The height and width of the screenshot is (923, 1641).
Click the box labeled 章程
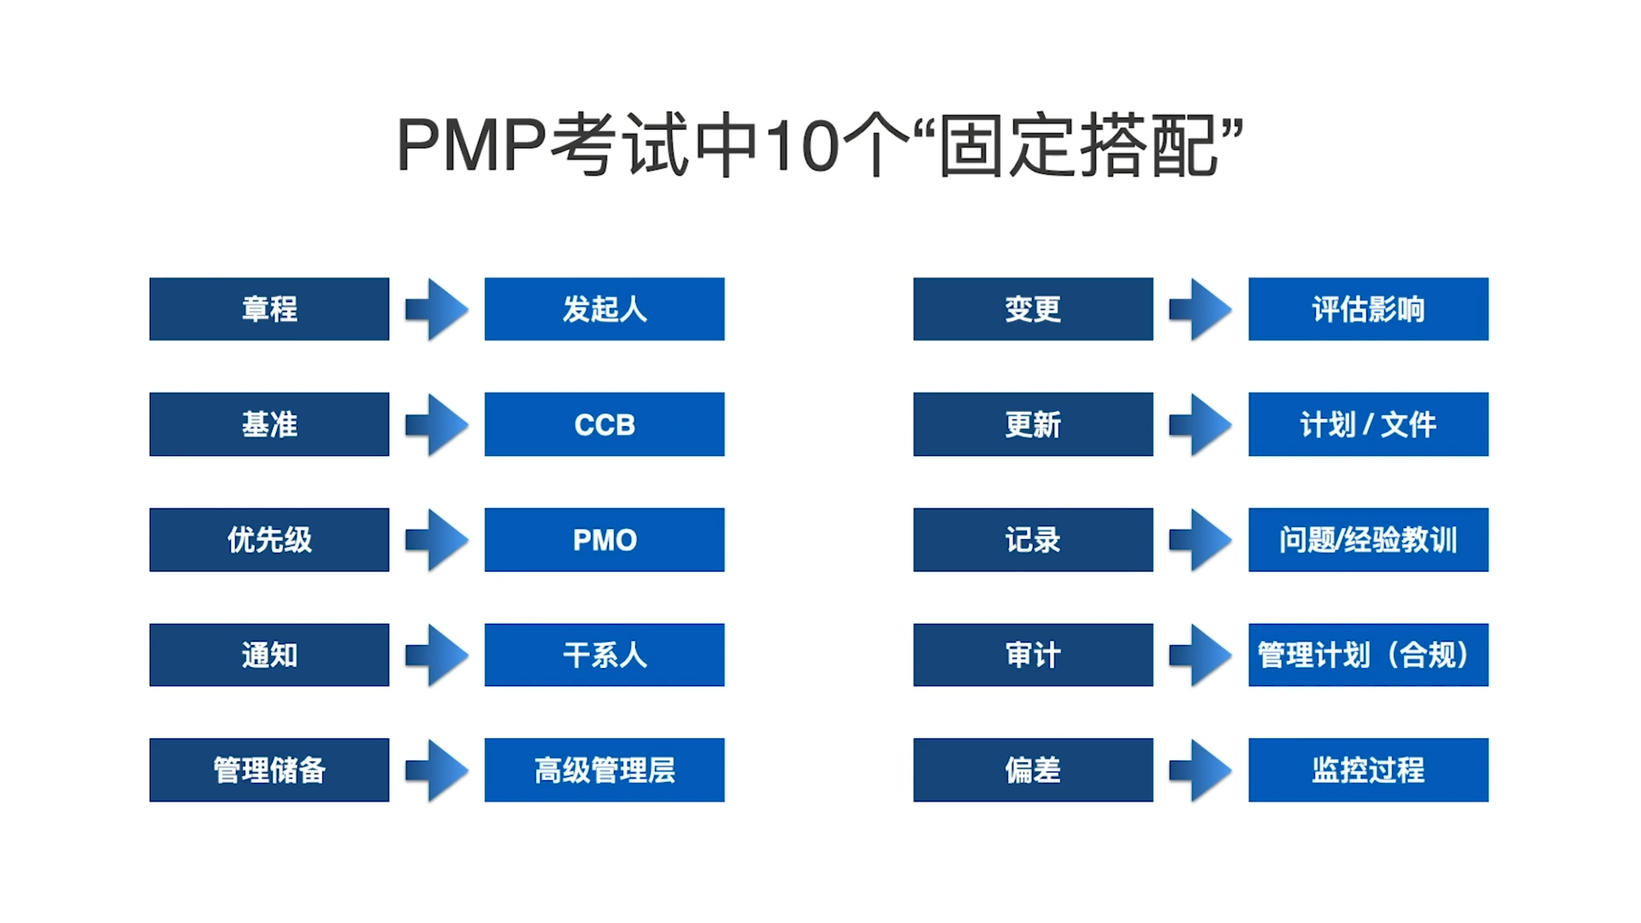pos(269,309)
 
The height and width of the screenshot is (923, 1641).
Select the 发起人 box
pos(604,309)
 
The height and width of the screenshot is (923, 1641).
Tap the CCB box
pos(604,424)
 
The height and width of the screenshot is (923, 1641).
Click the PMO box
pos(604,540)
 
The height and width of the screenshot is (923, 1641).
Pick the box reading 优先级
pos(269,540)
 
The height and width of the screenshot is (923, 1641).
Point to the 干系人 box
pos(604,655)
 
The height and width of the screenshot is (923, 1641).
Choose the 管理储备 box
pos(269,770)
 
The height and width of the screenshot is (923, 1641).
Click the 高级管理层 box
pos(604,770)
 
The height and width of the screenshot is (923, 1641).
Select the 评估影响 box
pos(1368,309)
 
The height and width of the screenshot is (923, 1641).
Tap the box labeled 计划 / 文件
pos(1368,424)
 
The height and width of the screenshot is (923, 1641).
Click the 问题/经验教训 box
pos(1368,540)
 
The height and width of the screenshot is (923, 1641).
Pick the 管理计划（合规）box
pos(1368,655)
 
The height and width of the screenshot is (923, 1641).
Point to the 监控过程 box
pos(1368,770)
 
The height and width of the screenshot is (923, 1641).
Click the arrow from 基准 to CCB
pos(437,424)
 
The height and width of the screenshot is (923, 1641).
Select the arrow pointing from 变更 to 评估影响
pos(1200,309)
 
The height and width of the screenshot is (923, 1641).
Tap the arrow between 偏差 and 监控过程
pos(1200,770)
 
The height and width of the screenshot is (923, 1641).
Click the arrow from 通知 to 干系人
pos(437,655)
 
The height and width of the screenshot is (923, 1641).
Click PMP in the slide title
pos(471,145)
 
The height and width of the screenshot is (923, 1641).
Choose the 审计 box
pos(1033,655)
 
